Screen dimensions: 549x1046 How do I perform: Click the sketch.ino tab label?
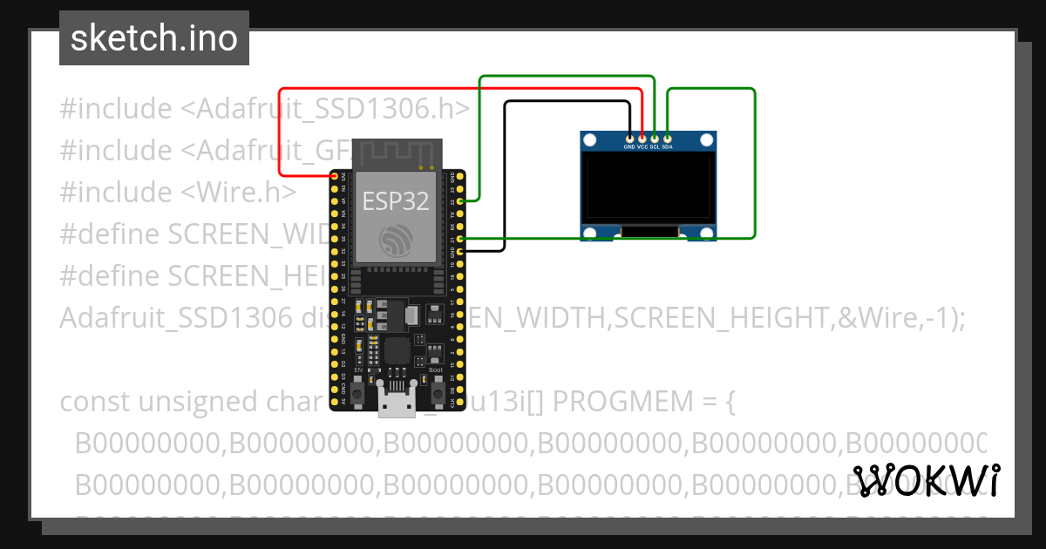153,38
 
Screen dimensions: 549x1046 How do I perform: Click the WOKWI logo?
926,481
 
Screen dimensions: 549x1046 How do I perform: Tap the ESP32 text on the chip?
396,201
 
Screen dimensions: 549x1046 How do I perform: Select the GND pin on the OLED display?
629,138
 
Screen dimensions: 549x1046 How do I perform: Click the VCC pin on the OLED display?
642,138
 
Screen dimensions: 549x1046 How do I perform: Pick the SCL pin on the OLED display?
655,138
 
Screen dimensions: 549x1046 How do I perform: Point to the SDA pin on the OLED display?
667,138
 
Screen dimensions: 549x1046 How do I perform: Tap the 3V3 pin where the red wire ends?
336,177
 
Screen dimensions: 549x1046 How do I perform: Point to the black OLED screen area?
649,187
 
